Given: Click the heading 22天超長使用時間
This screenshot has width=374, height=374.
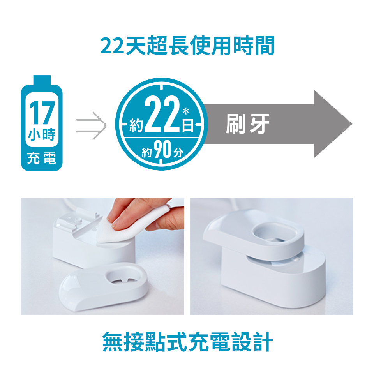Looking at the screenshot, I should [187, 46].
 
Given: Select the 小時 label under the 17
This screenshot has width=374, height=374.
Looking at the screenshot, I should [41, 134].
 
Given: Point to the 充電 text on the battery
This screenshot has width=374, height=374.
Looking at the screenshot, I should [41, 159].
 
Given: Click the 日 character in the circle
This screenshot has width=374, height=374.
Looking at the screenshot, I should [189, 126].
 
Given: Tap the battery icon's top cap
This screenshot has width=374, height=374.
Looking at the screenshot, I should [41, 79].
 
